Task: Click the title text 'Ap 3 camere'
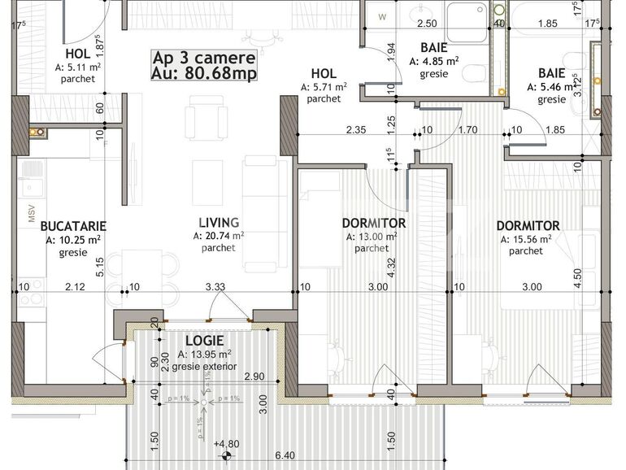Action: click(x=204, y=58)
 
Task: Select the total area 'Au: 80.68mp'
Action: click(x=204, y=72)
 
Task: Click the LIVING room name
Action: click(x=219, y=222)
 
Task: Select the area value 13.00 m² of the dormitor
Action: click(x=374, y=237)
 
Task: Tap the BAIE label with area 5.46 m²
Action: click(x=551, y=71)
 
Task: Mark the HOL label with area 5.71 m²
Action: click(x=324, y=72)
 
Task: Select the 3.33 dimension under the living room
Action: click(x=215, y=286)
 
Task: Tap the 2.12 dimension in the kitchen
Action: click(x=75, y=286)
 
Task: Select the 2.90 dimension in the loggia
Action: click(x=254, y=376)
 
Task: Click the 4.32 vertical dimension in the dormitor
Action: click(x=391, y=268)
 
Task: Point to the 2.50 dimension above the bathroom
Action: click(x=427, y=24)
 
